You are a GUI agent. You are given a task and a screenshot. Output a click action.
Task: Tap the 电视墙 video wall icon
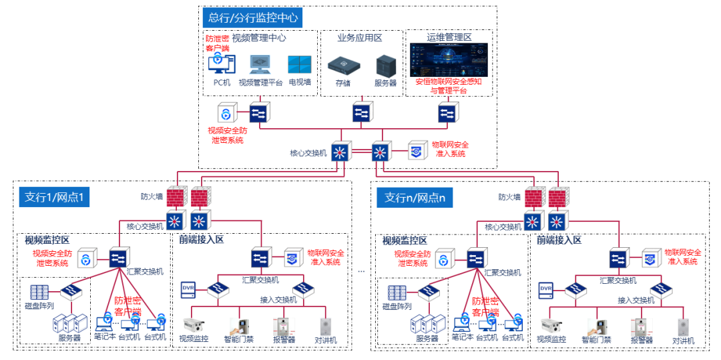[x=299, y=65]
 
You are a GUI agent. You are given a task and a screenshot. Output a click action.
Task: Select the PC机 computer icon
[x=221, y=65]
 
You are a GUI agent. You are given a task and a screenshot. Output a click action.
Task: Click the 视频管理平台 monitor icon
[x=260, y=64]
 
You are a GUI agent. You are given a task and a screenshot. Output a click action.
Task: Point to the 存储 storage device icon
[x=342, y=65]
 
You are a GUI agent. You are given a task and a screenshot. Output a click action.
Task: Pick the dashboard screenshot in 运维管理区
[x=449, y=60]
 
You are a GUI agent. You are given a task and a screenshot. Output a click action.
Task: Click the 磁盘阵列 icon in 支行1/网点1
[x=39, y=292]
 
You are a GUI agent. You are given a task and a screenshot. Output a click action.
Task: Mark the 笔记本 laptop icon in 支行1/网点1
[x=104, y=324]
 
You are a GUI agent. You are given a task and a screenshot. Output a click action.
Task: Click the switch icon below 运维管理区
[x=447, y=113]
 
